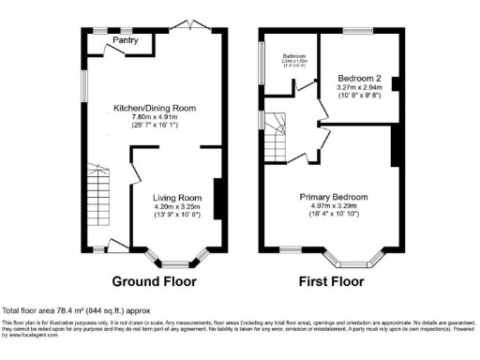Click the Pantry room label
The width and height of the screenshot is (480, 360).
coord(125,40)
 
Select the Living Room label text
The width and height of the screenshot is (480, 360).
coord(177,198)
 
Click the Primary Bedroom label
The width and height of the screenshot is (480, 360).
coord(334,197)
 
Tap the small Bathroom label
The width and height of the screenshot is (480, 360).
coord(289,55)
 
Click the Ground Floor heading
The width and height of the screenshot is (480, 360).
coord(155,281)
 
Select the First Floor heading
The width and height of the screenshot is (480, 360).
coord(331,281)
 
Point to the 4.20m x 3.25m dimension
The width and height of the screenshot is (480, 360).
coord(177,207)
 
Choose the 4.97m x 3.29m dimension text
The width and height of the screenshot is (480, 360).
coord(334,207)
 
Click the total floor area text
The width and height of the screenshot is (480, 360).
coord(75,310)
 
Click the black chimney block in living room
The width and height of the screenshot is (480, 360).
coord(218,198)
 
